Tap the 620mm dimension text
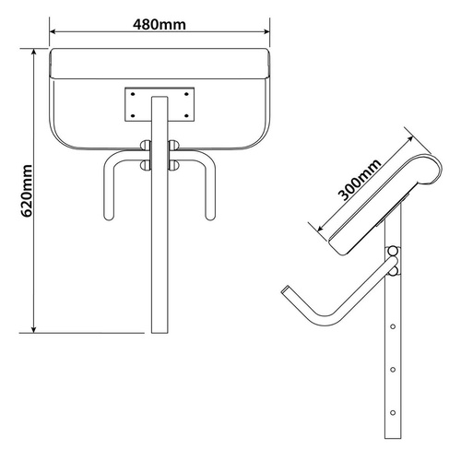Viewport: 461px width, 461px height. [27, 192]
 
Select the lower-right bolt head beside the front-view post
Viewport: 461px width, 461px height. [174, 165]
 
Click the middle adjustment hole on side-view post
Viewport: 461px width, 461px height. [395, 369]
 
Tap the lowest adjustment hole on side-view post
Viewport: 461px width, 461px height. [395, 411]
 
